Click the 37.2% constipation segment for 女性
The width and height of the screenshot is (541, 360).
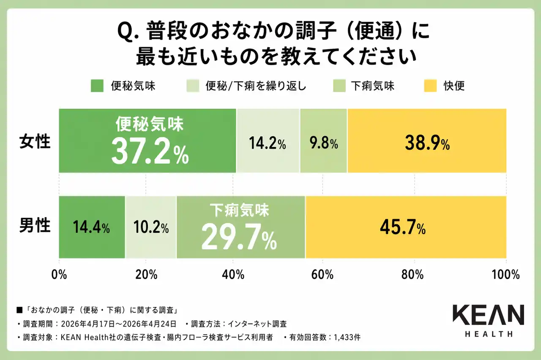click(x=148, y=141)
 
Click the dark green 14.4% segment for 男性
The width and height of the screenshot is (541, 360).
click(x=92, y=227)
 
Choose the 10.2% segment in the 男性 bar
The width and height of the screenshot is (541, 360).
click(x=151, y=227)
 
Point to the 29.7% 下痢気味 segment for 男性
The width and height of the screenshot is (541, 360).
click(x=240, y=227)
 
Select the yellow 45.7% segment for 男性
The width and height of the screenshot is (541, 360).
click(x=406, y=227)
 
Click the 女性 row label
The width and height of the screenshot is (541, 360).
click(x=35, y=141)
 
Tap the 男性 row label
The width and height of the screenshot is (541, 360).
click(x=35, y=226)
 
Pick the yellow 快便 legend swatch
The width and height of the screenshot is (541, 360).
click(x=429, y=86)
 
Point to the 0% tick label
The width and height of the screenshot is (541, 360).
click(x=59, y=275)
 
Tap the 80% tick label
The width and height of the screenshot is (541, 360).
click(x=413, y=275)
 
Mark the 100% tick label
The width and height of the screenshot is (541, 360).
click(x=506, y=275)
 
